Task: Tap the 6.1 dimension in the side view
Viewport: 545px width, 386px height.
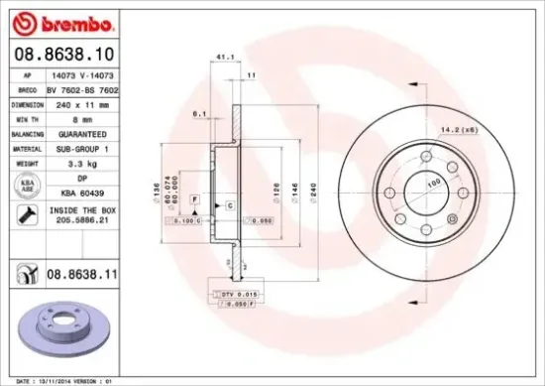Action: (x=199, y=114)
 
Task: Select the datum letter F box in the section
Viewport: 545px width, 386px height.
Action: (x=195, y=200)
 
